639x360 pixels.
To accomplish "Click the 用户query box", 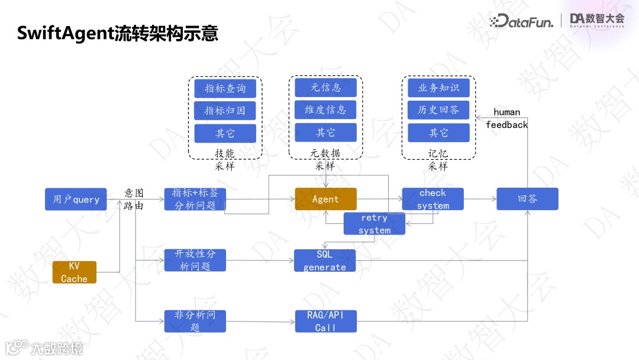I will pyautogui.click(x=76, y=199).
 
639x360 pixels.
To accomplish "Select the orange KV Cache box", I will pyautogui.click(x=75, y=272).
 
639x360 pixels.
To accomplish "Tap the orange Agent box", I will pyautogui.click(x=326, y=199).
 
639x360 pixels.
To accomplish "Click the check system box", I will pyautogui.click(x=433, y=199).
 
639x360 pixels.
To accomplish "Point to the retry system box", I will pyautogui.click(x=375, y=224).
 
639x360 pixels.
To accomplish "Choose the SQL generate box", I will pyautogui.click(x=325, y=261).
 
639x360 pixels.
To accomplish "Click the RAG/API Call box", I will pyautogui.click(x=325, y=321).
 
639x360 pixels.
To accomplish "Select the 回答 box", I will pyautogui.click(x=527, y=199).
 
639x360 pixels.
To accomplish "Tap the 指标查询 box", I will pyautogui.click(x=225, y=88).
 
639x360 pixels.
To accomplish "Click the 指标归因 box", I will pyautogui.click(x=225, y=111).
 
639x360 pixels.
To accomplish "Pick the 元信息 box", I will pyautogui.click(x=326, y=87).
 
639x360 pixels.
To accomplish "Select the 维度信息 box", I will pyautogui.click(x=326, y=110).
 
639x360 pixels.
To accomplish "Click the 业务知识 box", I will pyautogui.click(x=438, y=88).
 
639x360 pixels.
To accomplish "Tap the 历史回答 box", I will pyautogui.click(x=438, y=110).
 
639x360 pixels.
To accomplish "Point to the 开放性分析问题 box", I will pyautogui.click(x=195, y=261).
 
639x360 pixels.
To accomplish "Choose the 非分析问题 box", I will pyautogui.click(x=195, y=321).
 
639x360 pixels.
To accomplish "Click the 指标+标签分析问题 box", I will pyautogui.click(x=195, y=199).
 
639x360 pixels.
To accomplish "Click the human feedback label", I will pyautogui.click(x=507, y=118).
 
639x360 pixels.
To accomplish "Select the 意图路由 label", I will pyautogui.click(x=134, y=199).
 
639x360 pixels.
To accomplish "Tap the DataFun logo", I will pyautogui.click(x=521, y=22).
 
